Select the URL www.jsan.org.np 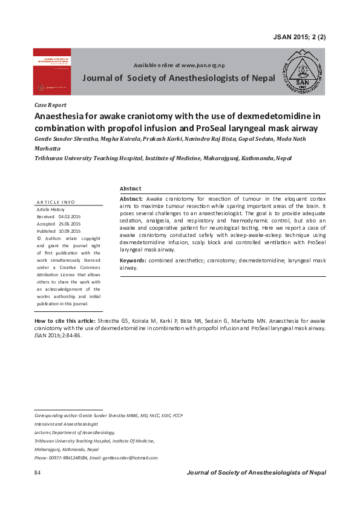pos(203,65)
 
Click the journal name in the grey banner pos(178,78)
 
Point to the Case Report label pos(50,105)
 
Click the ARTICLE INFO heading pos(56,201)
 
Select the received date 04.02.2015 pos(69,216)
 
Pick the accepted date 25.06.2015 pos(69,224)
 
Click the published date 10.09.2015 pos(69,231)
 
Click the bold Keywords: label pos(133,260)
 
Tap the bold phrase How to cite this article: pos(65,320)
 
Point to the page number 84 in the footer pos(38,472)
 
